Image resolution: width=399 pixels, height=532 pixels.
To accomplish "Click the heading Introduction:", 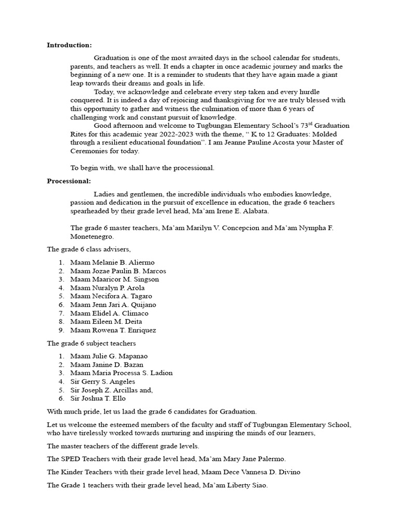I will pyautogui.click(x=69, y=45).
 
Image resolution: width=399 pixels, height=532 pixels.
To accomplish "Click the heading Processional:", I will pyautogui.click(x=69, y=181).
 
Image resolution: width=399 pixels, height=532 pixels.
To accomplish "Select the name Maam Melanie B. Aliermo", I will pyautogui.click(x=112, y=262).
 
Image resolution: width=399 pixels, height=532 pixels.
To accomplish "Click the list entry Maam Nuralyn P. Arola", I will pyautogui.click(x=108, y=288).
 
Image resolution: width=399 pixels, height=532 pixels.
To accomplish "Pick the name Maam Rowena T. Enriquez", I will pyautogui.click(x=113, y=330).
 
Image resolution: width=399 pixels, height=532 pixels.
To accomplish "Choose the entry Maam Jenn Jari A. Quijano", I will pyautogui.click(x=113, y=304).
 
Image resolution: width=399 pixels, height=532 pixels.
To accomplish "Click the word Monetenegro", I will pyautogui.click(x=92, y=236).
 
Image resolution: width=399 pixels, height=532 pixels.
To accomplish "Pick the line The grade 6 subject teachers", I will pyautogui.click(x=91, y=343).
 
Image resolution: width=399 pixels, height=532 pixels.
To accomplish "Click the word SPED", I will pyautogui.click(x=70, y=459).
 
